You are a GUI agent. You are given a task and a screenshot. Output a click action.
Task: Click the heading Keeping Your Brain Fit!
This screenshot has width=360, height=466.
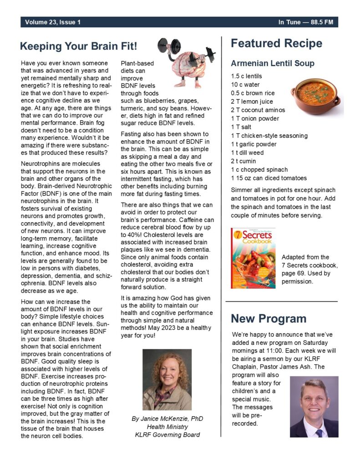[x=78, y=46]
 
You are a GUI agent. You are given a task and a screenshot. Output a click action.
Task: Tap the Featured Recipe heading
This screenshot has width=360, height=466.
[x=276, y=44]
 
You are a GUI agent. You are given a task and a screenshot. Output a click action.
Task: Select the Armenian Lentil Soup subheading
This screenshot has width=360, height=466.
[x=272, y=63]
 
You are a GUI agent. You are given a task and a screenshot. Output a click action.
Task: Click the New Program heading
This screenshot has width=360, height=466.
[x=269, y=319]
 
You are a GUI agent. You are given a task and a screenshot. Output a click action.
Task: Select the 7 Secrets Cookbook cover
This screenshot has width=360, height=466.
[x=253, y=258]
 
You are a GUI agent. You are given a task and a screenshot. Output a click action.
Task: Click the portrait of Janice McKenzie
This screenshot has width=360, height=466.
[x=167, y=380]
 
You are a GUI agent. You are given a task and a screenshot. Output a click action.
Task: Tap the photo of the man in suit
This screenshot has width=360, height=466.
[x=314, y=406]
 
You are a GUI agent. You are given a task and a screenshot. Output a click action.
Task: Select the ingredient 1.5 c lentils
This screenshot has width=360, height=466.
[x=246, y=76]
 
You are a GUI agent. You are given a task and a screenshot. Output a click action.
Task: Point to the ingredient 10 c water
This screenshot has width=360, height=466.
[x=245, y=85]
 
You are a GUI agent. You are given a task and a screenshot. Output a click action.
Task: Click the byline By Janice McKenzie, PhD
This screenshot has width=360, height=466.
[x=167, y=419]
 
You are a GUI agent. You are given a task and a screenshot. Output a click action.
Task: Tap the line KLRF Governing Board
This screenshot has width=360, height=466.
[x=167, y=435]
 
